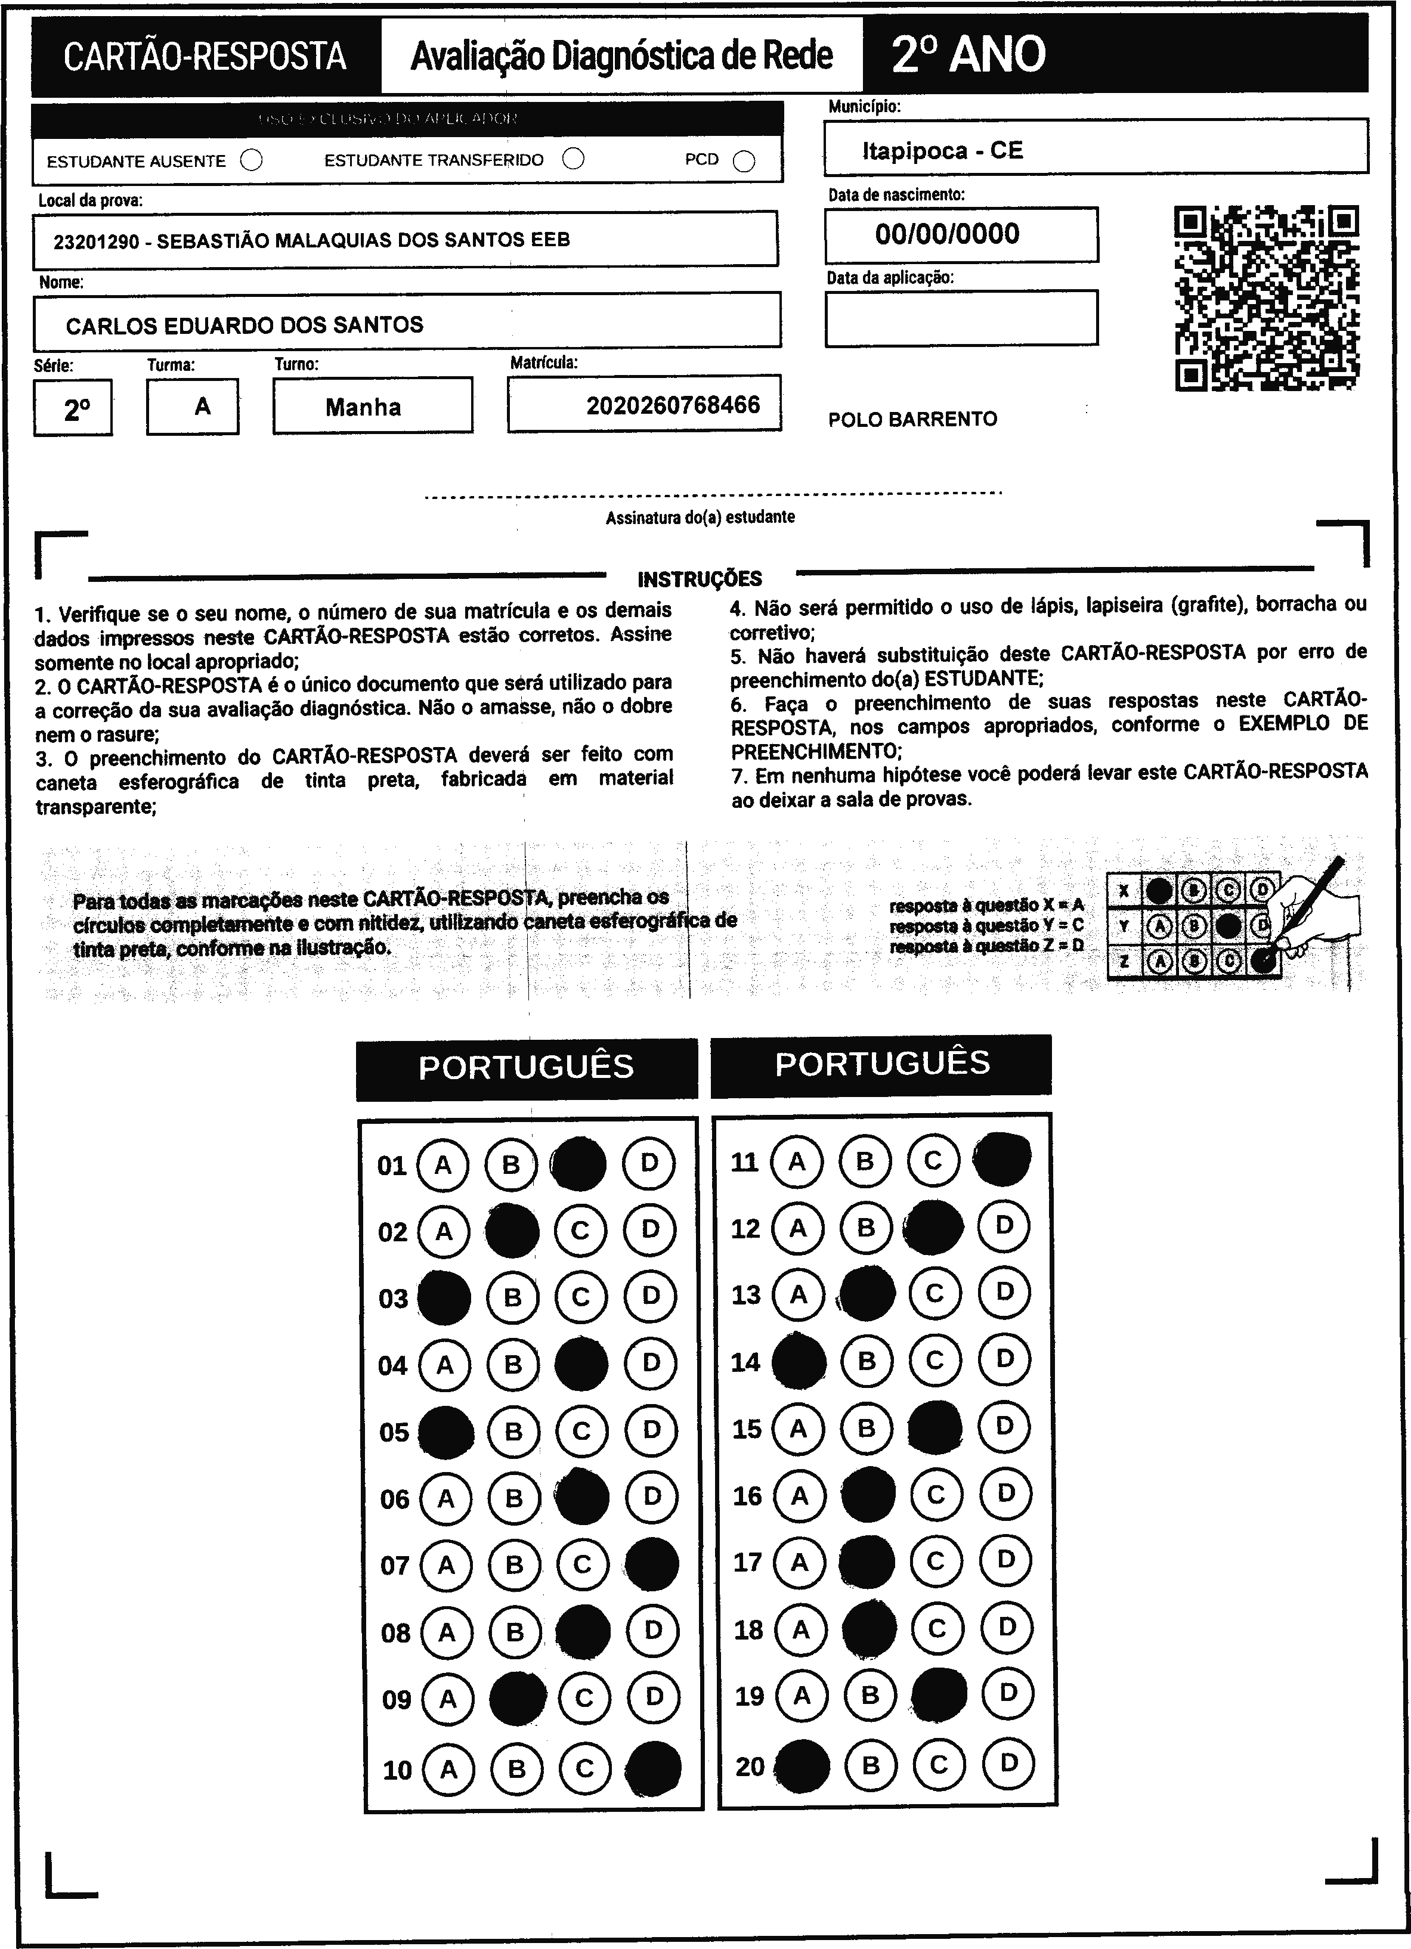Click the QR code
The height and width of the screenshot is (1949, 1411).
(1267, 298)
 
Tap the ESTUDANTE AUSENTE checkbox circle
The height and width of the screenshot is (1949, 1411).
(252, 161)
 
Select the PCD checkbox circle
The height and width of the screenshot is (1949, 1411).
(744, 162)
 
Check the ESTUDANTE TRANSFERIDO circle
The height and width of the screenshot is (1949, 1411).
(573, 159)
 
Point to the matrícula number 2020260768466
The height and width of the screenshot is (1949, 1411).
(673, 405)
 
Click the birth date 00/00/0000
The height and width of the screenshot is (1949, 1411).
(947, 234)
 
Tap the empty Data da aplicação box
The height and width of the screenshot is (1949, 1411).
(961, 318)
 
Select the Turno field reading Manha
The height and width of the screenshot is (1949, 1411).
(364, 407)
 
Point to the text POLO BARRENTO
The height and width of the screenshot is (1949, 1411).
(912, 419)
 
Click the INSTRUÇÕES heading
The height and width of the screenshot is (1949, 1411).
(700, 578)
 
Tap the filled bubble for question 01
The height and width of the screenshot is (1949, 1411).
(579, 1164)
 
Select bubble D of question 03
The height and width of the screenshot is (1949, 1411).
(651, 1296)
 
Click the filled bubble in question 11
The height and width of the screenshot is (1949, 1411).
(1003, 1159)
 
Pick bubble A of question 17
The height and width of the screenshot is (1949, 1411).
(799, 1562)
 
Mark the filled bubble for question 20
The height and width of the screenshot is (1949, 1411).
(802, 1766)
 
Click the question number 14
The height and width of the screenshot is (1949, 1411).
(745, 1362)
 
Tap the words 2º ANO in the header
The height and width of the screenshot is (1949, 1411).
(968, 54)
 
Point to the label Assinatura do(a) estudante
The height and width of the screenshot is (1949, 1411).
(700, 518)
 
